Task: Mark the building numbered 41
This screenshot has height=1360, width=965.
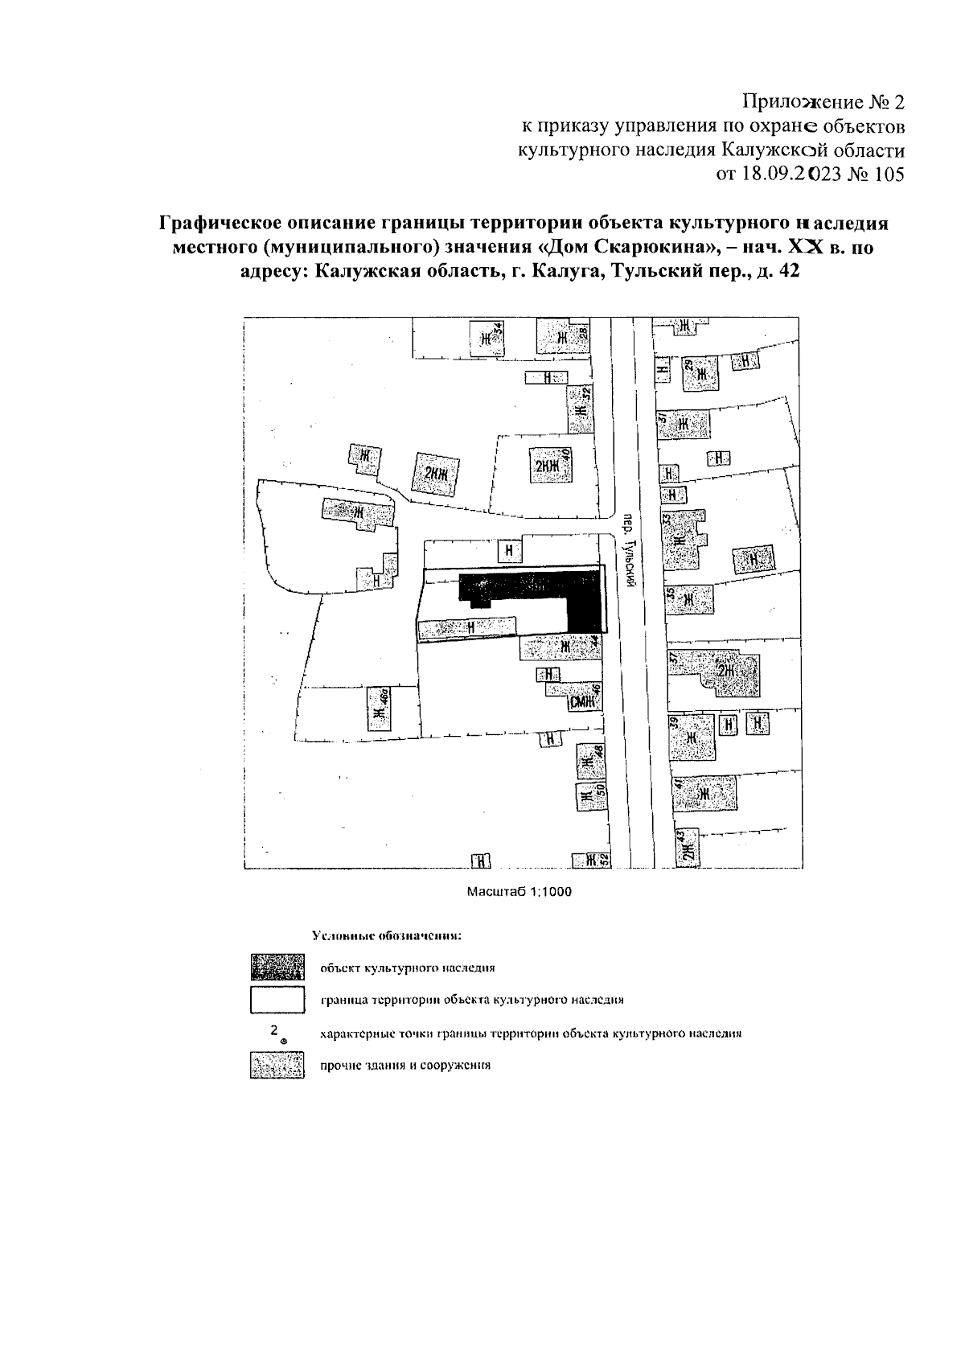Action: (705, 793)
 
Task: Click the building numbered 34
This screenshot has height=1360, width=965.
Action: (488, 339)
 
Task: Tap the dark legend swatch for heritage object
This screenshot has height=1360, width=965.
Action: (277, 966)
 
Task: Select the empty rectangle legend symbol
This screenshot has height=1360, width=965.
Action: (277, 1000)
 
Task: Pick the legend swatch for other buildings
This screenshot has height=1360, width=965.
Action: (277, 1066)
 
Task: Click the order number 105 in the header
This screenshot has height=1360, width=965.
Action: (887, 174)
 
